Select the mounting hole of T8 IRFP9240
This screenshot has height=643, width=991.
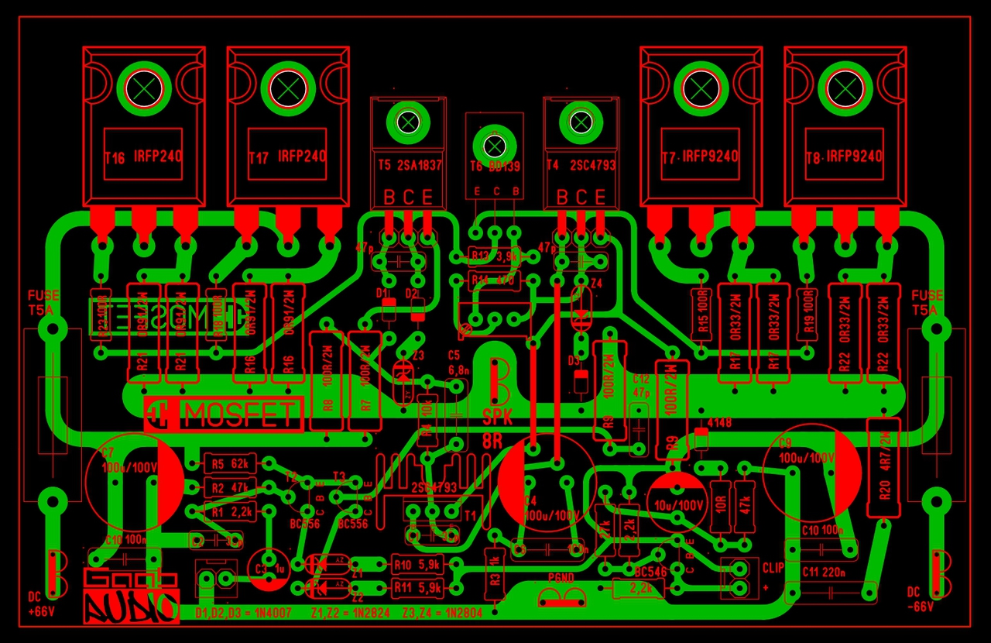[845, 87]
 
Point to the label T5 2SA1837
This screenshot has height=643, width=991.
[410, 165]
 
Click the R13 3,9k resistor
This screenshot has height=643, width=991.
[493, 256]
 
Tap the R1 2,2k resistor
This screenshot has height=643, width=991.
[228, 512]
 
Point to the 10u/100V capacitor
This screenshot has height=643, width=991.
[677, 504]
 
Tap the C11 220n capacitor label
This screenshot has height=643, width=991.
[821, 574]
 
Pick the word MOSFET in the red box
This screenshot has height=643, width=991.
[239, 416]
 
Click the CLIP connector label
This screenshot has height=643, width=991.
[773, 568]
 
